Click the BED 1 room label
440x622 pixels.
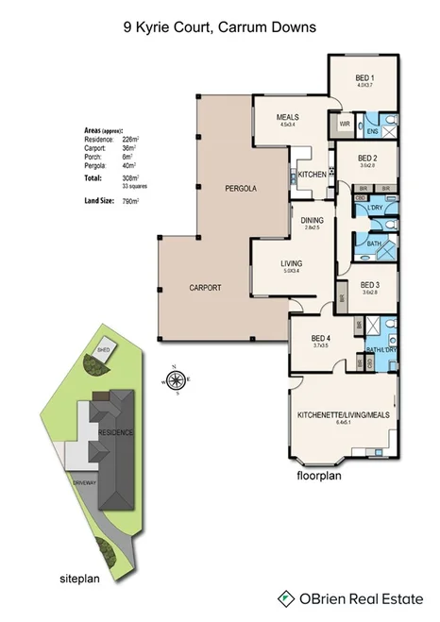(x=364, y=77)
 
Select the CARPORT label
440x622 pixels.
(x=204, y=286)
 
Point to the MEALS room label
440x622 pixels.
(x=287, y=117)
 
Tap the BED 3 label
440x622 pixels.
(x=370, y=285)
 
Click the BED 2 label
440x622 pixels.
(x=368, y=158)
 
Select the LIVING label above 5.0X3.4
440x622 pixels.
(x=290, y=264)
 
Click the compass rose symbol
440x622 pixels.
(x=175, y=381)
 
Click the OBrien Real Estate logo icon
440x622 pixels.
(x=283, y=597)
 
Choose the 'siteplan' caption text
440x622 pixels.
(x=77, y=575)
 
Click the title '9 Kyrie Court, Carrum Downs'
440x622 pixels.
(x=219, y=28)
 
